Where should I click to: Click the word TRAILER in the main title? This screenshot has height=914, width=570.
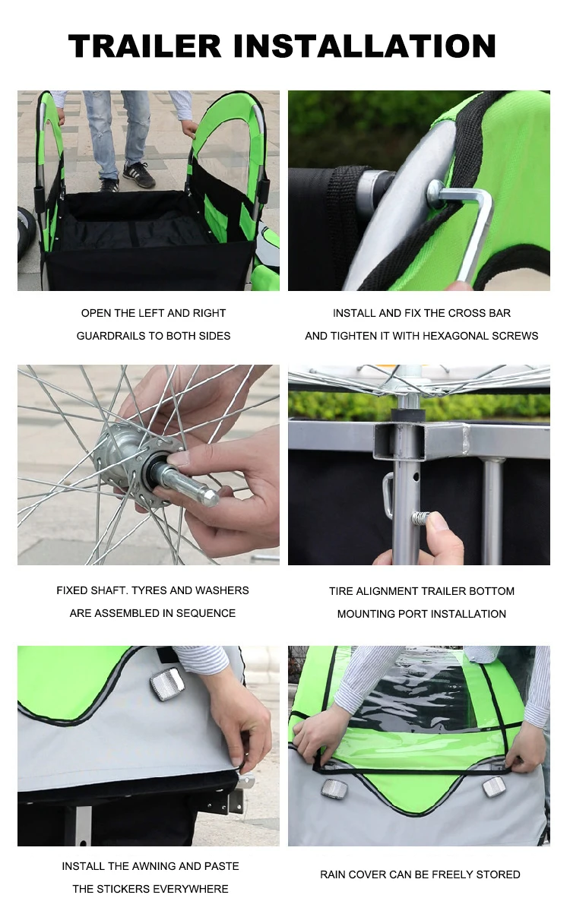[145, 46]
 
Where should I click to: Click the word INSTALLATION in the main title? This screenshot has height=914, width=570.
[365, 46]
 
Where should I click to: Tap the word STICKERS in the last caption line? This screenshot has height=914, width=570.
[122, 889]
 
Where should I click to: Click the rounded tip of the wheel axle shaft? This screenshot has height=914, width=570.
[211, 498]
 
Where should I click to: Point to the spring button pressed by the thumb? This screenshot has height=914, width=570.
[420, 519]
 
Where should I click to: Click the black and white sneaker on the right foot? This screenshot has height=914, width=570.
[139, 175]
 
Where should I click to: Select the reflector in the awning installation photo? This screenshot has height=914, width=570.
[168, 685]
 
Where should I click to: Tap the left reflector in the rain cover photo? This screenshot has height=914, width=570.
[334, 789]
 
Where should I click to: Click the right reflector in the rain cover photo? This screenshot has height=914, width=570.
[494, 786]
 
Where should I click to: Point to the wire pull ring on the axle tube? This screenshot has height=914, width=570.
[388, 495]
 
